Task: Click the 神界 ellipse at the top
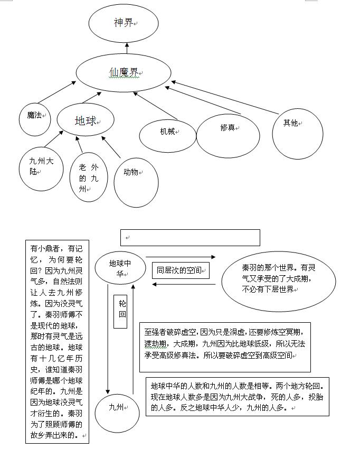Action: pyautogui.click(x=124, y=23)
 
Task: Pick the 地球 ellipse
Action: pyautogui.click(x=86, y=121)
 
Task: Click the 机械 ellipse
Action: pyautogui.click(x=167, y=133)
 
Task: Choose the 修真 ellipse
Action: pyautogui.click(x=228, y=135)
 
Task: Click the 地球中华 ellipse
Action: pyautogui.click(x=120, y=267)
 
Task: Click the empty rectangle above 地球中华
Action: pyautogui.click(x=190, y=238)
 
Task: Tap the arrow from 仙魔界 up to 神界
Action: pyautogui.click(x=127, y=49)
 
